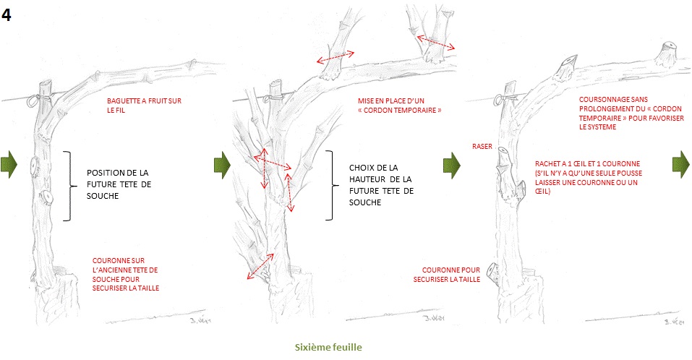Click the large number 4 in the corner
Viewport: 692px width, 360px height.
(7, 15)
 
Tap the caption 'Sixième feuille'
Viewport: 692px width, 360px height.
(328, 347)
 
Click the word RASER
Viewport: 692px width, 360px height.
(482, 147)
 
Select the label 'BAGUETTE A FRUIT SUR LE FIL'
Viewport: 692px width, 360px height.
(144, 106)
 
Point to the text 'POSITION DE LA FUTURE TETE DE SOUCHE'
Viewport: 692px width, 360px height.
(119, 184)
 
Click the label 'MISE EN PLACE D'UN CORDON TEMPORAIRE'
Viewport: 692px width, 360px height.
(399, 106)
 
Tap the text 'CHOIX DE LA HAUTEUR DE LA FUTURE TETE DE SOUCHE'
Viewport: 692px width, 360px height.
(381, 185)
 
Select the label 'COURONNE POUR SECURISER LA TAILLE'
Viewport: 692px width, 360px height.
(447, 275)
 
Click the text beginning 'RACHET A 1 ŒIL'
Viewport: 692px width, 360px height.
(589, 177)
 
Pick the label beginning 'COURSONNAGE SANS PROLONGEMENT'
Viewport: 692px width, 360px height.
(631, 113)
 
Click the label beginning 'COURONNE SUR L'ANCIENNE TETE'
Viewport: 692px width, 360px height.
(125, 274)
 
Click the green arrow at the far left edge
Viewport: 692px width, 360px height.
(9, 164)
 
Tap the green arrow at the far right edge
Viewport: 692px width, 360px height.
(681, 164)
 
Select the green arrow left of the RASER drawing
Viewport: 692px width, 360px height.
(452, 166)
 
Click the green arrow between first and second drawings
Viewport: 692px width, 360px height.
(223, 165)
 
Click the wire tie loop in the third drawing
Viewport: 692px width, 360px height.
(499, 100)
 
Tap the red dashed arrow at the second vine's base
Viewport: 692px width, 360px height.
(260, 267)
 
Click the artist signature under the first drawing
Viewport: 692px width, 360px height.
(201, 320)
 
